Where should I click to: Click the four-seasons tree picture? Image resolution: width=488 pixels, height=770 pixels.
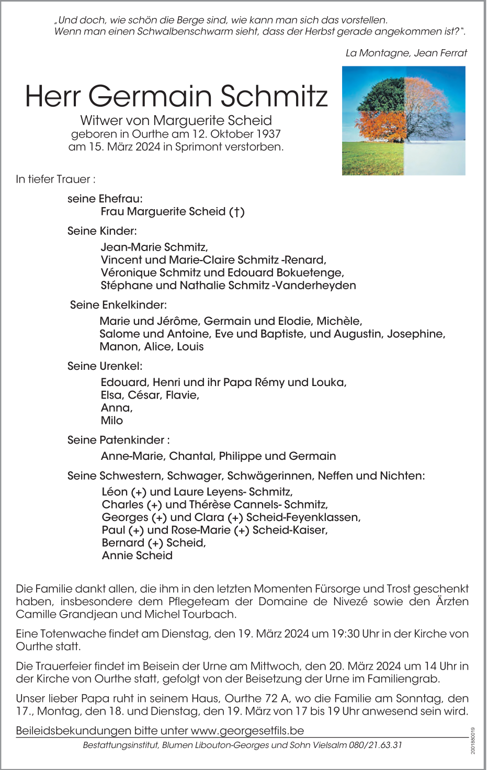(x=403, y=121)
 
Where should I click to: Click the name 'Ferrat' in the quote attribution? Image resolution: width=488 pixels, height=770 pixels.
(x=453, y=53)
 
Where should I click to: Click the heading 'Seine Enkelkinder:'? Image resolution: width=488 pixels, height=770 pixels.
(x=118, y=304)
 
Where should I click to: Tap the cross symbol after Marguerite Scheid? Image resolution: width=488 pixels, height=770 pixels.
(x=236, y=212)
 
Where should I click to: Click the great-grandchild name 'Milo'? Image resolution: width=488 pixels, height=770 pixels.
(x=112, y=421)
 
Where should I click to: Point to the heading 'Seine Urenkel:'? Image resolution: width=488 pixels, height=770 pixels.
(x=105, y=366)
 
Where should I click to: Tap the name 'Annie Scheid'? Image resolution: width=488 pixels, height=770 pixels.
(x=137, y=556)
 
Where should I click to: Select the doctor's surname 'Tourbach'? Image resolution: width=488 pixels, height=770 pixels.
(x=226, y=614)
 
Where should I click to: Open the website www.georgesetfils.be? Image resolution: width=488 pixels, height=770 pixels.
(x=247, y=730)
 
